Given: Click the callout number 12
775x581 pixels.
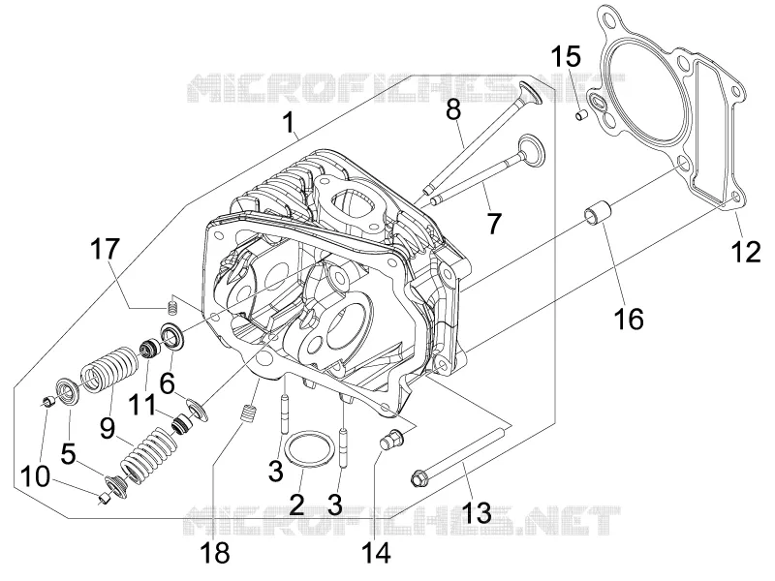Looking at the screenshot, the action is pyautogui.click(x=746, y=252).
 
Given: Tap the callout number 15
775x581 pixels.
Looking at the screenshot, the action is pyautogui.click(x=566, y=56).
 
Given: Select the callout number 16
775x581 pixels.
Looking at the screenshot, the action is pyautogui.click(x=629, y=319).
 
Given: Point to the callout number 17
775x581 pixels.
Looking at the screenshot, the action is pyautogui.click(x=105, y=249).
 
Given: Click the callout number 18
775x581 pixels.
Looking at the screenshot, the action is pyautogui.click(x=215, y=552).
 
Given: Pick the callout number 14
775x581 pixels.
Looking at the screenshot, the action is pyautogui.click(x=376, y=552).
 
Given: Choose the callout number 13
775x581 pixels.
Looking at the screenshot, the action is pyautogui.click(x=477, y=512).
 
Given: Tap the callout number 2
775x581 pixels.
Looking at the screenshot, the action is pyautogui.click(x=296, y=504).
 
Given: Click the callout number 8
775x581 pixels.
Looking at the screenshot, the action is pyautogui.click(x=453, y=109).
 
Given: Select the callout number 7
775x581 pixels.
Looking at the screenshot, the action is pyautogui.click(x=494, y=223).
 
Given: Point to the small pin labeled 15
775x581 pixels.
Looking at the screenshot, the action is pyautogui.click(x=581, y=115).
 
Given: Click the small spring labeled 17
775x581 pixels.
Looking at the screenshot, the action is pyautogui.click(x=172, y=306).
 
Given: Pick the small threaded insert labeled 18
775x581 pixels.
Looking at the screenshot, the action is pyautogui.click(x=249, y=413).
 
